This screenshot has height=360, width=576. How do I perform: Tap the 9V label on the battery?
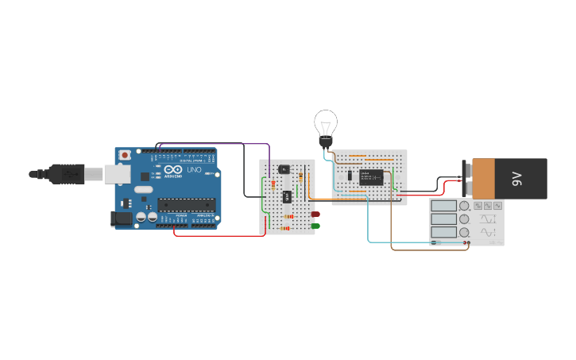516,179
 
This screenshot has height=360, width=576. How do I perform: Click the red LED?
315,215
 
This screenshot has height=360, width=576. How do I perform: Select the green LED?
315,226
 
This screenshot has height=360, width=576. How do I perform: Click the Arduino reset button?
125,155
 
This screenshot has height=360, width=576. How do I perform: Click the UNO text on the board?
194,169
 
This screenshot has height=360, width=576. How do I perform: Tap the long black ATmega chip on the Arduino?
186,205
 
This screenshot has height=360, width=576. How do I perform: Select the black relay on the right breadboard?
371,177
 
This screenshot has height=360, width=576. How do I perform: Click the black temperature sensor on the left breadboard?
284,169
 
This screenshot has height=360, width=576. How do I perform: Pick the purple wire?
215,145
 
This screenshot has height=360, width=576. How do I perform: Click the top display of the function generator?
443,206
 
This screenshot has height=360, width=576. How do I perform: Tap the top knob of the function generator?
464,206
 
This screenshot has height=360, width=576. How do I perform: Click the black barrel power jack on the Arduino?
122,217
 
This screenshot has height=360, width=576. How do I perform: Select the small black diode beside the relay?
350,176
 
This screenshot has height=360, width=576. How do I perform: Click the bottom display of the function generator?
443,233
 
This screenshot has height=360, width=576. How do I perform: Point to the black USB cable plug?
67,173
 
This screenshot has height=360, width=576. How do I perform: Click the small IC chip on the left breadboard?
288,196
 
